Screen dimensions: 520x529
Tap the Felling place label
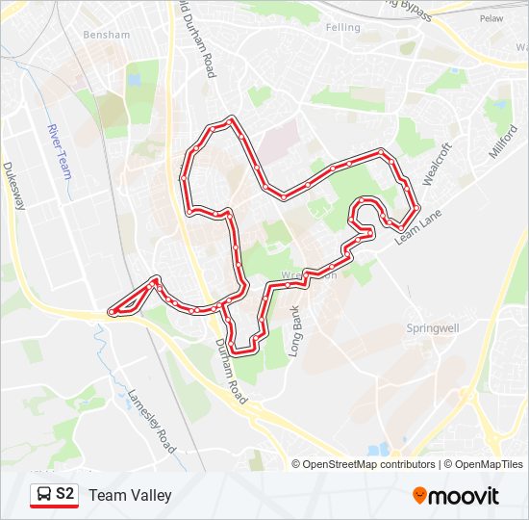pos(342,28)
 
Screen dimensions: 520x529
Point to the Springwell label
pos(433,327)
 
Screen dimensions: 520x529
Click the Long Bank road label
pos(297,331)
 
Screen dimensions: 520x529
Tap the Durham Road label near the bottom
pos(232,371)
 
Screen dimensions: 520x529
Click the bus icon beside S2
pos(43,495)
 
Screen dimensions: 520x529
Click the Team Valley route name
pos(130,495)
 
